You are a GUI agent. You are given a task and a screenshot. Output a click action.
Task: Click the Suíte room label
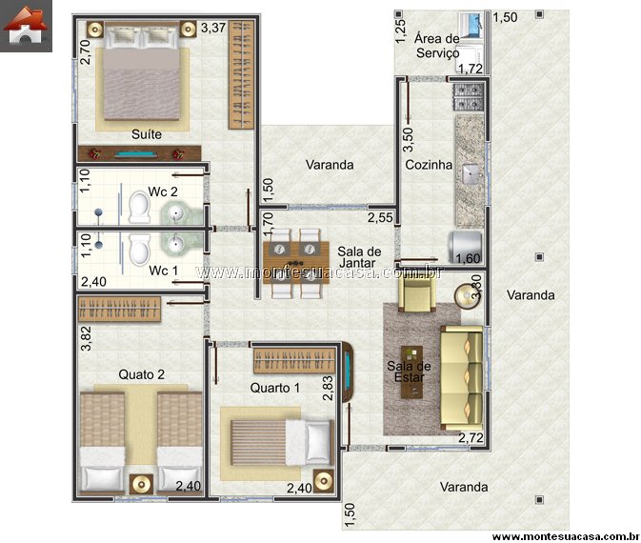(x=147, y=134)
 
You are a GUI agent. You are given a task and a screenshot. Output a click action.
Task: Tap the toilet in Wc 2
(x=139, y=208)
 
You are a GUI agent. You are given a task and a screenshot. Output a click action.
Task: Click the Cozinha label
(x=429, y=165)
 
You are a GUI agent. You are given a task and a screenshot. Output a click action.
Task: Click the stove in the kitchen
(x=469, y=96)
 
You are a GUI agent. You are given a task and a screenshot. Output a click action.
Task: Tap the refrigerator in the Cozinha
(x=466, y=248)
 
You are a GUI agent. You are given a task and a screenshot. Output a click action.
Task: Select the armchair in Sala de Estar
(x=417, y=293)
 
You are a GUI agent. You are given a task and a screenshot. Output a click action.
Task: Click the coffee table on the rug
(x=411, y=372)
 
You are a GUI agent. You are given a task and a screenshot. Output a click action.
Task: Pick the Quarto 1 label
(x=274, y=388)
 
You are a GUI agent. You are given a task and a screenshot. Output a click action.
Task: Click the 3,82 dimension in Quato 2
(x=87, y=338)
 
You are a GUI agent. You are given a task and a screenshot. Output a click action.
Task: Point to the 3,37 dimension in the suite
(x=213, y=28)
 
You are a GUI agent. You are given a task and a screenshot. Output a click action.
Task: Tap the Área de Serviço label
(x=437, y=46)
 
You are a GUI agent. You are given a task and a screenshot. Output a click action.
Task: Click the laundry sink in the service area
(x=471, y=26)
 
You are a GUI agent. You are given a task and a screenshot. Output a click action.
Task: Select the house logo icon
(x=26, y=25)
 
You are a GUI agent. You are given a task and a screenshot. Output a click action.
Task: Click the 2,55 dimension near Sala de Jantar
(x=380, y=217)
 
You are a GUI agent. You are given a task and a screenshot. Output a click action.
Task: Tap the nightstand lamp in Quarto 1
(x=324, y=481)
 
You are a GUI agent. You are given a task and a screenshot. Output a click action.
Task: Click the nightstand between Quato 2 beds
(x=142, y=485)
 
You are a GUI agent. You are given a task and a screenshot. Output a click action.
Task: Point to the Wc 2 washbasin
(x=177, y=212)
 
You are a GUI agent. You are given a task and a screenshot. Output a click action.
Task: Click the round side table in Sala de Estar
(x=467, y=295)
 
